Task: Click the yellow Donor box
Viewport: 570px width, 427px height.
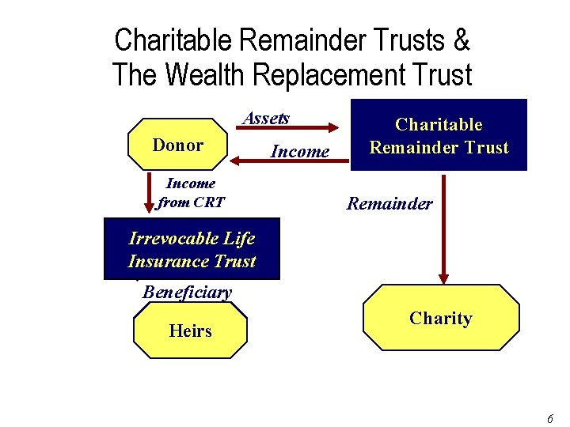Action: [x=177, y=145]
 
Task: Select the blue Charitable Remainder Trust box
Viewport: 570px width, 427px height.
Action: [x=439, y=135]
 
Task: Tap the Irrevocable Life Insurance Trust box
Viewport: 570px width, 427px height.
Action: [x=192, y=249]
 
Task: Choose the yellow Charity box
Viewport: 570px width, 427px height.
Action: [x=440, y=319]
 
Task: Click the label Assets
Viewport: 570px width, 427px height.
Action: [x=266, y=118]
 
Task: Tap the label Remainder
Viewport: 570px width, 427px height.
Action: [x=389, y=203]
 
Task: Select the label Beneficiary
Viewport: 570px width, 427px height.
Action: [x=187, y=292]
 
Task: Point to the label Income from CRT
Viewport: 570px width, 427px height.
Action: [x=191, y=192]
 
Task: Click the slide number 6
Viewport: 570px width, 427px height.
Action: [x=549, y=417]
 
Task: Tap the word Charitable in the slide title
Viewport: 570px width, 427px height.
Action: [x=173, y=40]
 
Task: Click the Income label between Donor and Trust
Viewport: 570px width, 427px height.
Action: [x=299, y=150]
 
